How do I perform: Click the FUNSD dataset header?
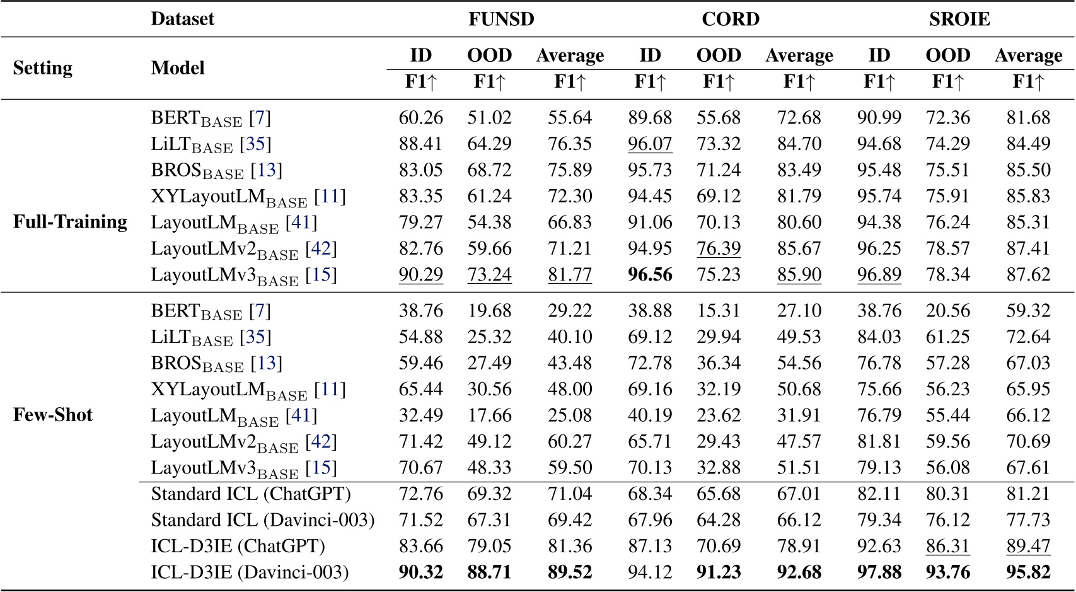click(501, 19)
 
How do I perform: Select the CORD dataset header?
click(731, 19)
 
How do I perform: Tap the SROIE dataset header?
click(959, 19)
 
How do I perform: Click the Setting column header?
click(43, 68)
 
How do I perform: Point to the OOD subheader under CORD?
click(719, 55)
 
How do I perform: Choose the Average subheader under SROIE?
click(1028, 55)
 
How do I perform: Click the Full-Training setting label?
click(70, 222)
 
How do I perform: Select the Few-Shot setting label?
click(53, 415)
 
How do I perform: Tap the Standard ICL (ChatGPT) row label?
click(251, 494)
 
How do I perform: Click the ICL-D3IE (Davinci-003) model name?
click(250, 572)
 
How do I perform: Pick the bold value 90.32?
click(420, 572)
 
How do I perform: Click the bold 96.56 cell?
click(650, 275)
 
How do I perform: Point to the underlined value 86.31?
click(947, 546)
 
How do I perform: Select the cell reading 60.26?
click(420, 118)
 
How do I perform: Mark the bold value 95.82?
click(1028, 572)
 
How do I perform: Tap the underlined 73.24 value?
click(489, 275)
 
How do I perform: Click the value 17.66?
click(489, 415)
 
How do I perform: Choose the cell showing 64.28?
click(719, 520)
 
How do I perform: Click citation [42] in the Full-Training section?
click(321, 249)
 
